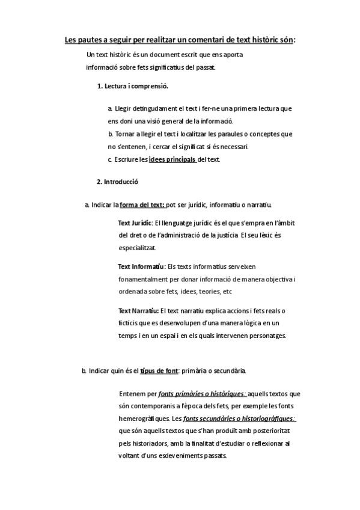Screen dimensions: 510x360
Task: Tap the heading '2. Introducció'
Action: pos(118,181)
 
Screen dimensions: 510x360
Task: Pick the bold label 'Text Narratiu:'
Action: pos(138,310)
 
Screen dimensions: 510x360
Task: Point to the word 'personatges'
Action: pos(267,336)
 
